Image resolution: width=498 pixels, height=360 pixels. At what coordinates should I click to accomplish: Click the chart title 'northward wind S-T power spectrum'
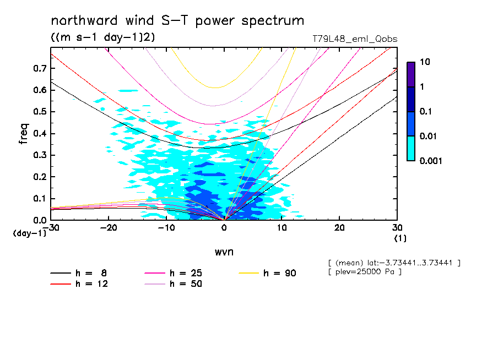[177, 21]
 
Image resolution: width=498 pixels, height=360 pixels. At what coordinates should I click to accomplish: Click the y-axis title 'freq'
[24, 134]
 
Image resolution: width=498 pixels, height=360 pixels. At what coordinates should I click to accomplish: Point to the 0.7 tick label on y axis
[39, 68]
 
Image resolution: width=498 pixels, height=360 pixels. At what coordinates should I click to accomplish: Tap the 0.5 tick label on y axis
[39, 112]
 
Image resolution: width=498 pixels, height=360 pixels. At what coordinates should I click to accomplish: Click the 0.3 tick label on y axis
[39, 155]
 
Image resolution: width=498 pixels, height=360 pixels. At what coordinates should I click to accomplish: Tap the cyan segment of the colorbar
[411, 148]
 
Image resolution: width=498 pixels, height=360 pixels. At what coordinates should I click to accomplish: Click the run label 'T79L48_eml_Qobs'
[354, 39]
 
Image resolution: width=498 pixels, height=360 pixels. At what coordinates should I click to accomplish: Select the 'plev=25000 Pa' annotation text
[364, 272]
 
